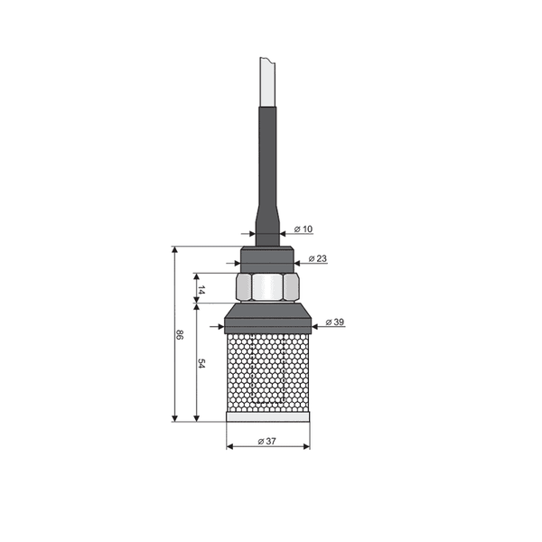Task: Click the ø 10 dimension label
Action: coord(305,229)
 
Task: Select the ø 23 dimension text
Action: coord(317,258)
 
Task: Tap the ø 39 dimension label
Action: coord(333,322)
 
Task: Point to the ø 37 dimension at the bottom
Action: coord(266,441)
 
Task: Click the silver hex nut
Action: coord(267,288)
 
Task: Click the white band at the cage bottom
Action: coord(267,417)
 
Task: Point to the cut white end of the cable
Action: coord(267,81)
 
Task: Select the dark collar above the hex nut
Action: coord(267,257)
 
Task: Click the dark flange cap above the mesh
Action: coord(267,319)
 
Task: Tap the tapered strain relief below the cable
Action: coord(267,217)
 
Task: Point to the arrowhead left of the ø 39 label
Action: coord(316,322)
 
